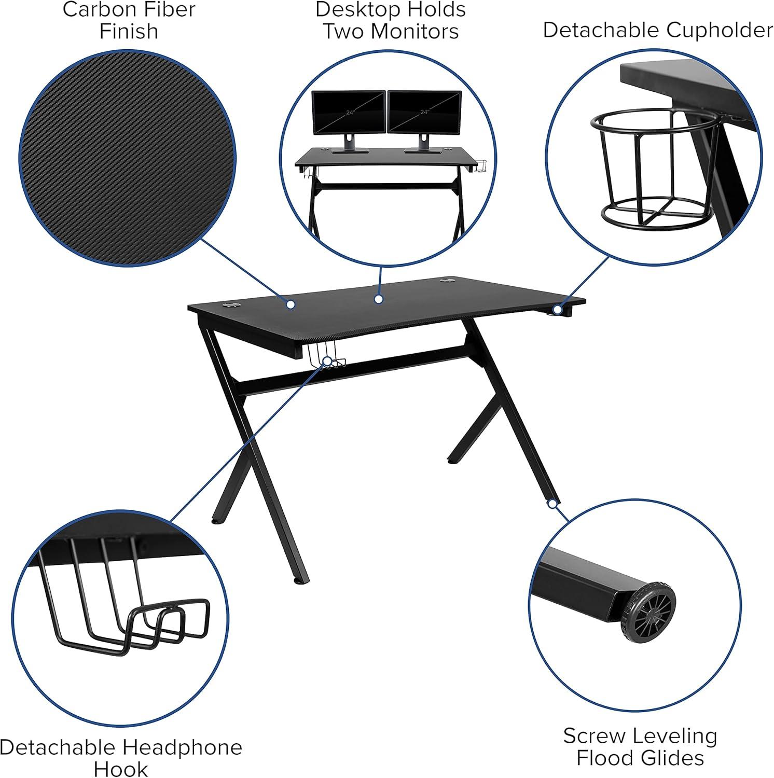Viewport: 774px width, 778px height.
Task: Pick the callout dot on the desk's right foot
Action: point(553,504)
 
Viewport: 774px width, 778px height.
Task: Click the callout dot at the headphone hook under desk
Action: point(327,360)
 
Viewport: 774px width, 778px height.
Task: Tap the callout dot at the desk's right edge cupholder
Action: point(557,310)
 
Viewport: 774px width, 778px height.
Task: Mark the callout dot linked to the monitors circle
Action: point(379,299)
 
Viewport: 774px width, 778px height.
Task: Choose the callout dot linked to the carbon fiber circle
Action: point(291,304)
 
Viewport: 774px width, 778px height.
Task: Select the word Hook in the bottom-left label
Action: point(120,769)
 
